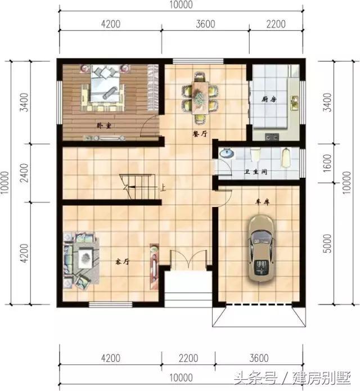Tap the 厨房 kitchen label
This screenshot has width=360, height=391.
269,100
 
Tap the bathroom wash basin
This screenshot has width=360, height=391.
227,153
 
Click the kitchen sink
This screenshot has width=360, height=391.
294,102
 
